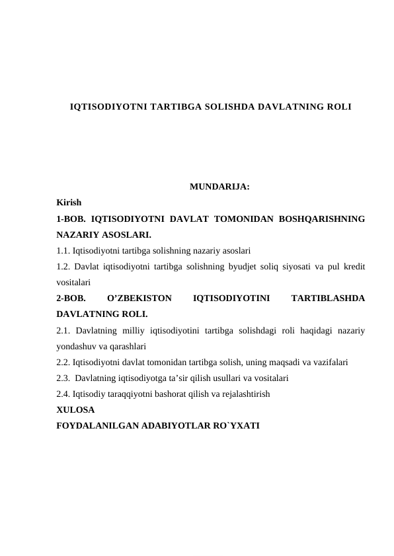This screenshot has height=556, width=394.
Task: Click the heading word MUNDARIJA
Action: (x=219, y=187)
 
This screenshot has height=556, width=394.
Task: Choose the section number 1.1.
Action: (x=63, y=250)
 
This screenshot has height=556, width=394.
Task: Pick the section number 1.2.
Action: (x=63, y=266)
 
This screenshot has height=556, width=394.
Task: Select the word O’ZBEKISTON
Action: (x=139, y=298)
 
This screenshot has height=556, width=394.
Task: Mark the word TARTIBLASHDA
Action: (x=327, y=298)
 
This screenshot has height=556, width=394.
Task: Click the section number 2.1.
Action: (x=63, y=330)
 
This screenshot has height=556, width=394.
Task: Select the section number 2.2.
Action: (x=63, y=361)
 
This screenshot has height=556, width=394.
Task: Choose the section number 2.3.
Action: (x=63, y=377)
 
